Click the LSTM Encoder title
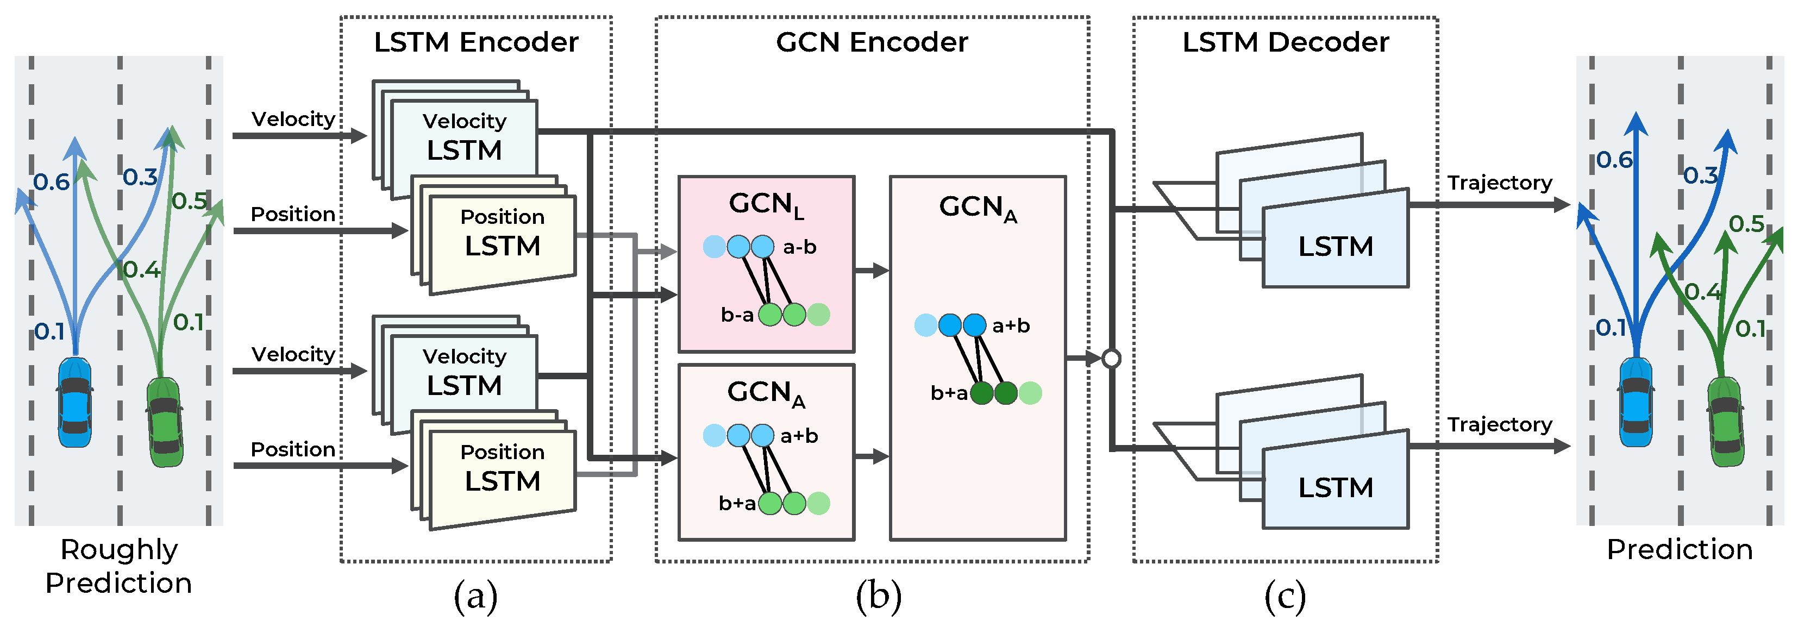[476, 42]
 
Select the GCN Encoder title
[872, 42]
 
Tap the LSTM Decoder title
[1285, 42]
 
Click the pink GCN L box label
[766, 204]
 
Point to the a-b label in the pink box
[799, 247]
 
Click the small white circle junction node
[1111, 359]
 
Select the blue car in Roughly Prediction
[74, 403]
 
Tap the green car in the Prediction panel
[1725, 422]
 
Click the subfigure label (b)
[878, 597]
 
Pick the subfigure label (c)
[1285, 597]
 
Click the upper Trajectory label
[1499, 183]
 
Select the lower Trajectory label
[1499, 424]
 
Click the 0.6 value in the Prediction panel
[1614, 160]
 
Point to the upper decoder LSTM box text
[1335, 246]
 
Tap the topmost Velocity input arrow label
[293, 120]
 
